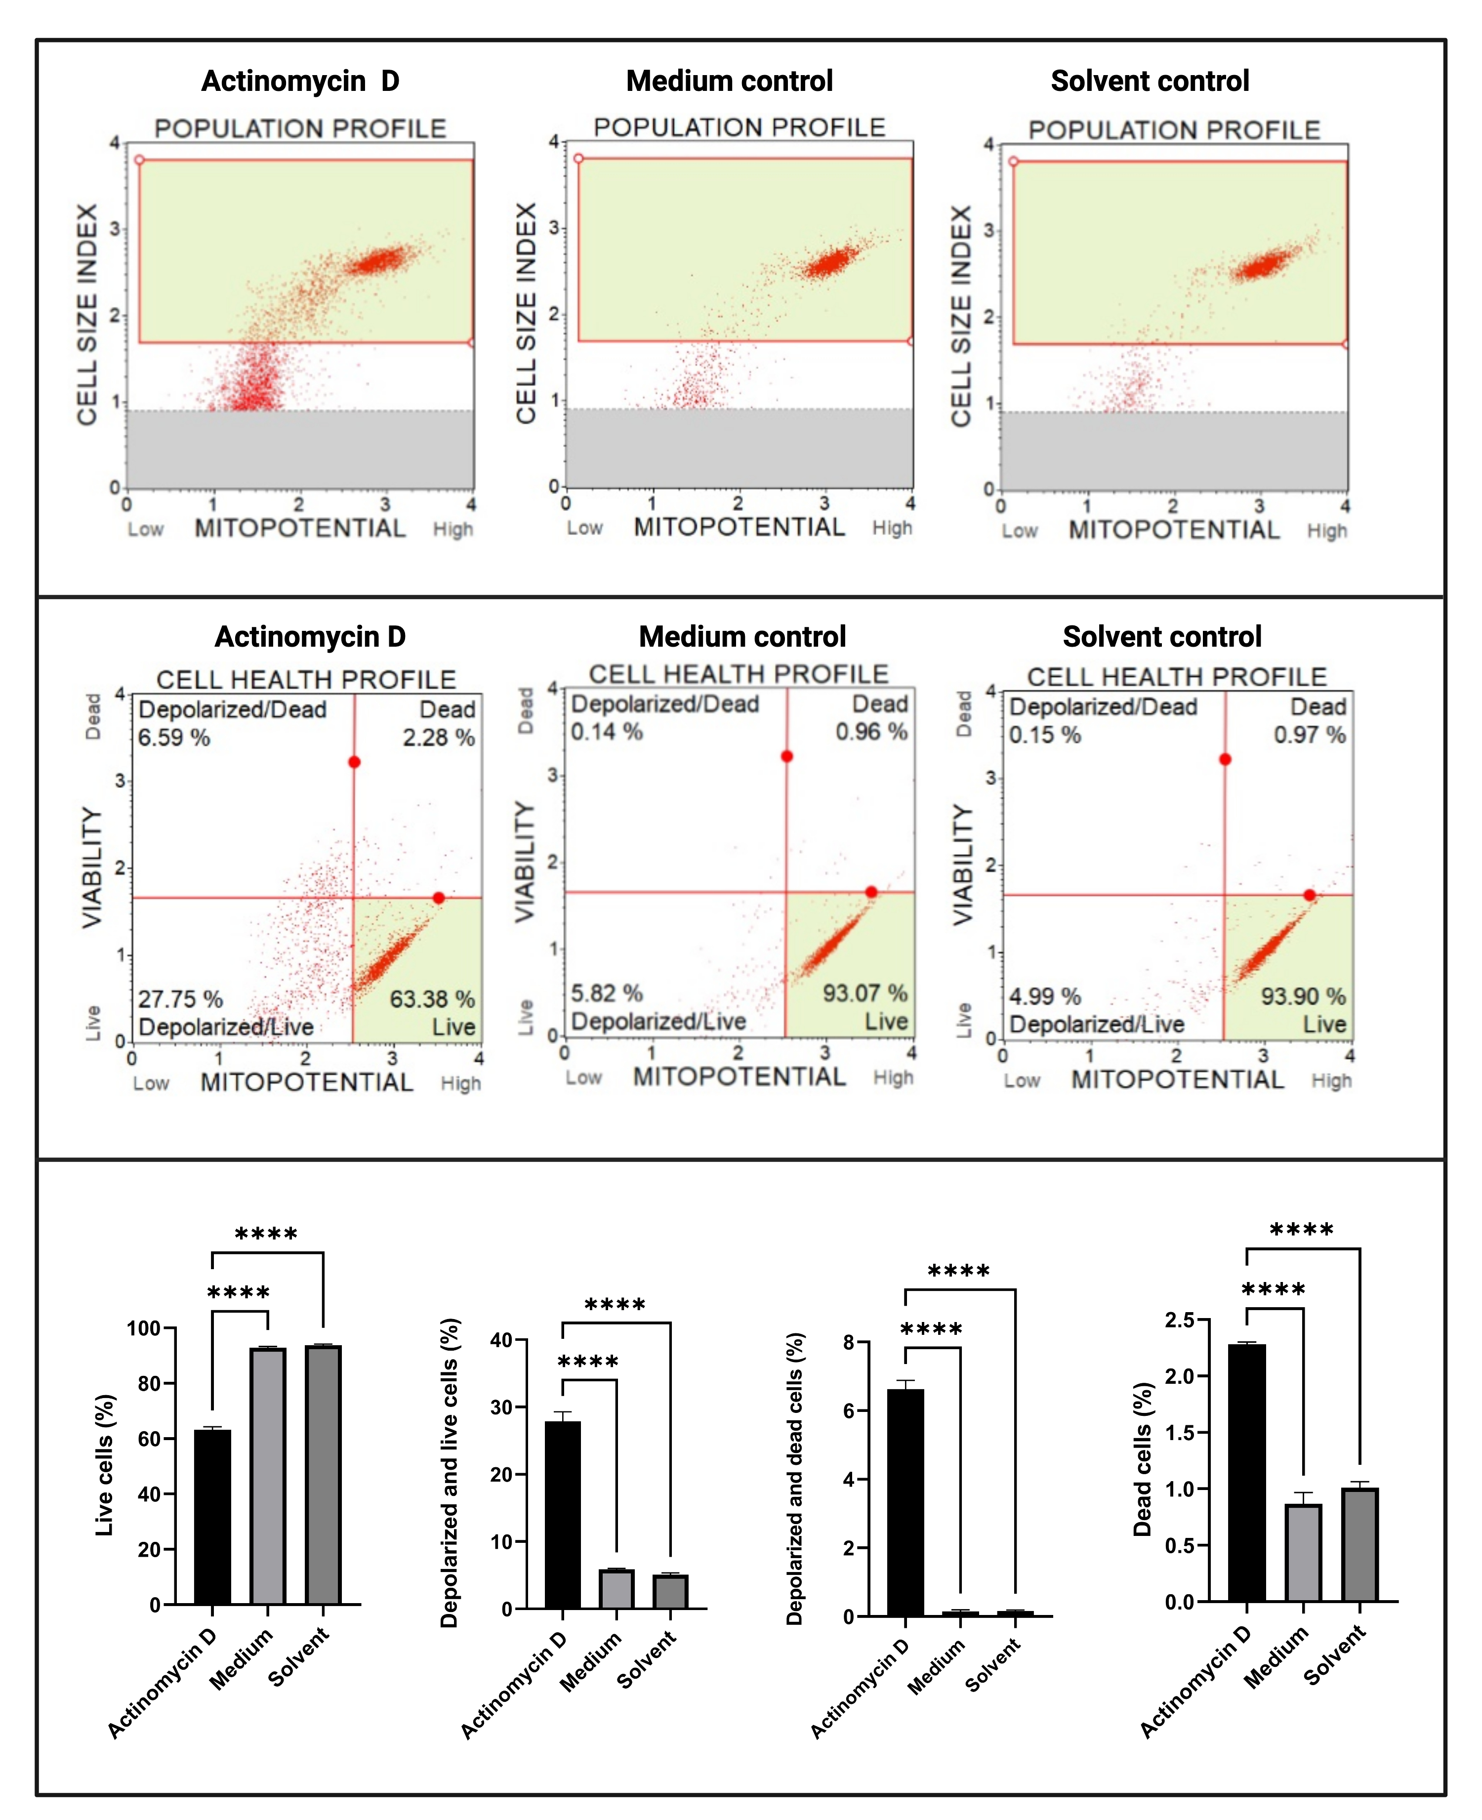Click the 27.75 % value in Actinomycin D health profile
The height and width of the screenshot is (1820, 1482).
coord(180,999)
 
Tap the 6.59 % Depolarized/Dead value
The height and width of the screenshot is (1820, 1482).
coord(174,738)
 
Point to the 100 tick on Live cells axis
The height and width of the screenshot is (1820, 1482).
coord(143,1328)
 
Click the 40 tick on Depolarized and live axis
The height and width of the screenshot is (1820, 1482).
coord(501,1340)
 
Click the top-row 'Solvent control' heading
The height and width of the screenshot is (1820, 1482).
coord(1150,81)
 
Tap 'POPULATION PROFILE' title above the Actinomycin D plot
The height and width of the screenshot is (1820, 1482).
coord(300,129)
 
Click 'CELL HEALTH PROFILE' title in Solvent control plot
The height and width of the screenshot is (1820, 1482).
coord(1176,677)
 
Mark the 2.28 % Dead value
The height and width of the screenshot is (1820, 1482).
coord(439,738)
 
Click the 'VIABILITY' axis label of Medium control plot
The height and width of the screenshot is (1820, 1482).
coord(524,862)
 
